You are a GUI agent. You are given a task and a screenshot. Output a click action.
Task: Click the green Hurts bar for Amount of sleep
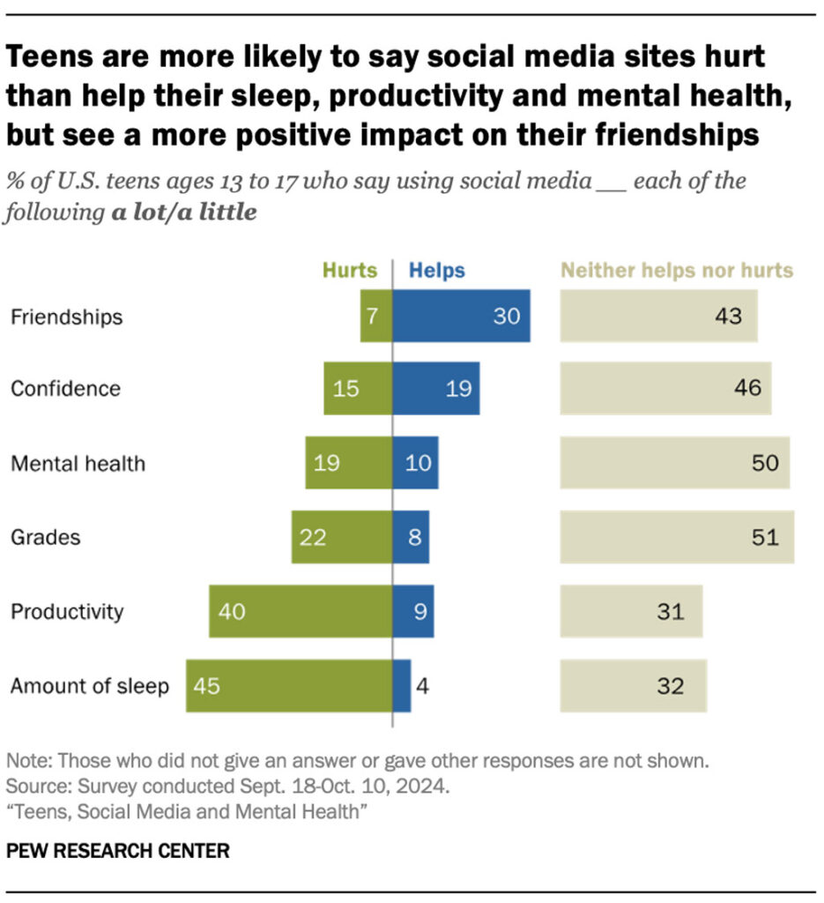289,685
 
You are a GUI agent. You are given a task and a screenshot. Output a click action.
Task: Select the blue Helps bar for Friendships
461,316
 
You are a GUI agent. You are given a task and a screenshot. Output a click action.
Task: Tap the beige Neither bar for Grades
677,536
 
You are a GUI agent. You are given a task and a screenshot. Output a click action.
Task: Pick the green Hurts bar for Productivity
301,611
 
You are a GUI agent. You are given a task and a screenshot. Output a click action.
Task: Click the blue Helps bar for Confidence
435,388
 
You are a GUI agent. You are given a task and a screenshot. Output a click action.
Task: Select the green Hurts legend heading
350,271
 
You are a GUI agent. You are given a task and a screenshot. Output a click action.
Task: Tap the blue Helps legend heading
436,271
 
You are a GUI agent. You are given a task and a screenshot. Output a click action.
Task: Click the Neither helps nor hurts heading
677,271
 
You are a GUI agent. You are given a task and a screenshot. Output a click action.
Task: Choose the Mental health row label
78,463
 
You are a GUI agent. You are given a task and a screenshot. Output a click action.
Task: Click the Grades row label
45,537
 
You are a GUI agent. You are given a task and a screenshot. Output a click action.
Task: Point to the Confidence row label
65,389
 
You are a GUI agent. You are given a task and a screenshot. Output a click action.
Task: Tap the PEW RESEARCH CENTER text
118,851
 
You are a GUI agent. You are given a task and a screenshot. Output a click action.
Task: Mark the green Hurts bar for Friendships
375,316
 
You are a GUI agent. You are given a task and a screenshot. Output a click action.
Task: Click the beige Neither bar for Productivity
631,611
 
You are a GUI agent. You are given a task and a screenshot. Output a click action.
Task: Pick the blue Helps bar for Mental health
415,462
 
